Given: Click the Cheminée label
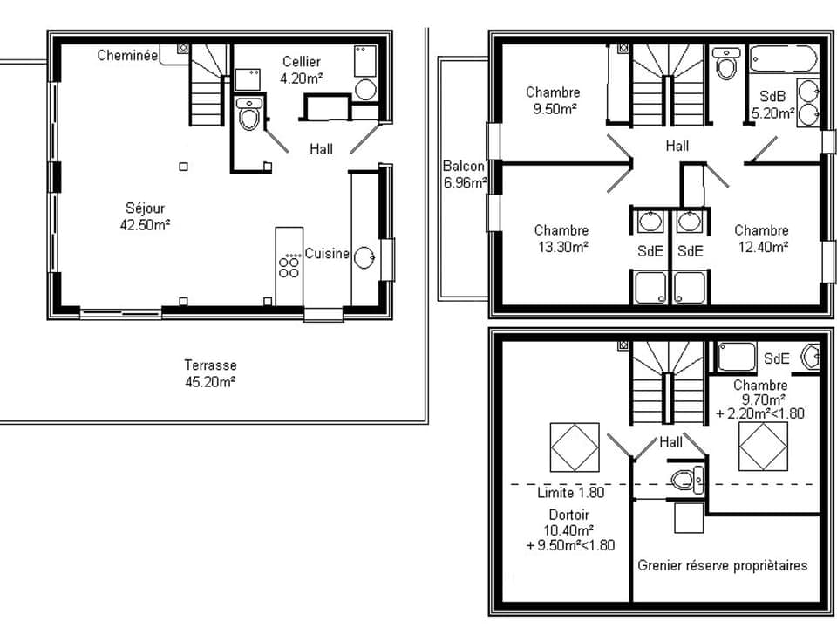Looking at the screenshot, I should pyautogui.click(x=127, y=55).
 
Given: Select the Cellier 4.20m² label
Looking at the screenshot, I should pyautogui.click(x=302, y=69).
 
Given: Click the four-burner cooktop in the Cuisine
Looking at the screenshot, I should pyautogui.click(x=289, y=264).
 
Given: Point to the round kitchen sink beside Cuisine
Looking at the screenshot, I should pyautogui.click(x=364, y=256).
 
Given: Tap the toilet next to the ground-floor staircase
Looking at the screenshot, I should pyautogui.click(x=249, y=114).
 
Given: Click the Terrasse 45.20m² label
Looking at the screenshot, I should pyautogui.click(x=210, y=373).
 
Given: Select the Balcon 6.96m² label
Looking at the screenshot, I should pyautogui.click(x=465, y=174).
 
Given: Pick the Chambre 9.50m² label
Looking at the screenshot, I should pyautogui.click(x=553, y=100).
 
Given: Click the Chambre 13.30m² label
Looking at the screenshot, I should pyautogui.click(x=561, y=238).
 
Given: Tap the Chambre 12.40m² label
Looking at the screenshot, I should pyautogui.click(x=761, y=238).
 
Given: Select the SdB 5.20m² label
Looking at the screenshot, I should pyautogui.click(x=772, y=105).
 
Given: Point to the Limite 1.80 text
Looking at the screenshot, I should pyautogui.click(x=571, y=493).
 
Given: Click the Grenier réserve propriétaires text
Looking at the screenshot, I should pyautogui.click(x=723, y=565).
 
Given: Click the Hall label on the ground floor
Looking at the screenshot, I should pyautogui.click(x=322, y=149).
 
